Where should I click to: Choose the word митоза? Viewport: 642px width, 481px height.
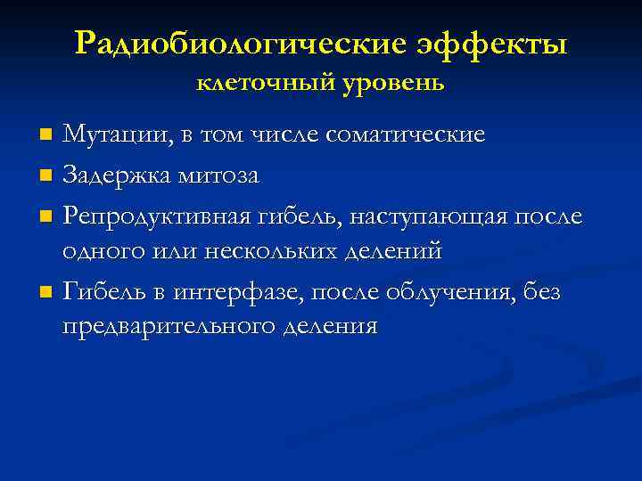222,176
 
